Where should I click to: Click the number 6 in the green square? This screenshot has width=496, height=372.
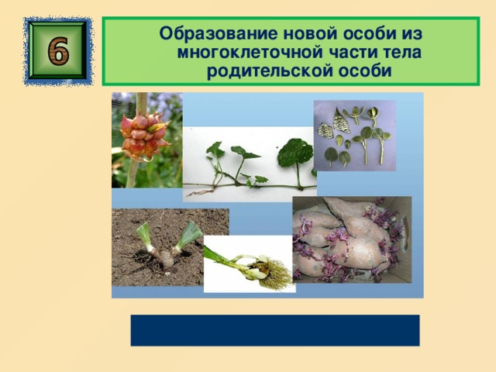pos(58,50)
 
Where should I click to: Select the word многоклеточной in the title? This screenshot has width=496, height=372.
pos(250,52)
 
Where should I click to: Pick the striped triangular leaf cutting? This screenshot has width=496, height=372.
pos(340,121)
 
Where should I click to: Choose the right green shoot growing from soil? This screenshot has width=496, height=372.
pos(188,236)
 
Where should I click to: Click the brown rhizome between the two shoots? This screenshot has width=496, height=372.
pos(167,258)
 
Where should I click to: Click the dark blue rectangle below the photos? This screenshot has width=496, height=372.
pos(275,330)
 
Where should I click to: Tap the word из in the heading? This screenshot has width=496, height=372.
pos(412,33)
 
